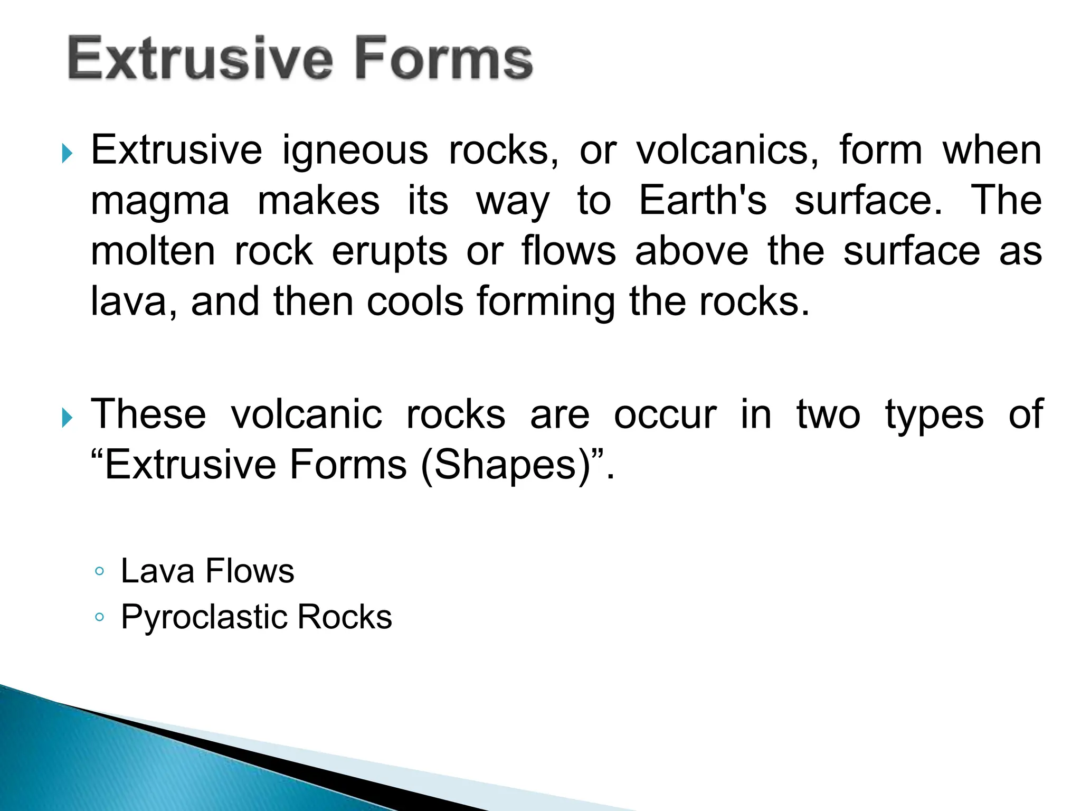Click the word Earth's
(x=703, y=201)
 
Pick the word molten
(x=153, y=251)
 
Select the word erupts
(x=390, y=252)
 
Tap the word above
(x=691, y=251)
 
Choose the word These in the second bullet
(x=148, y=415)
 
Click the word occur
(x=665, y=415)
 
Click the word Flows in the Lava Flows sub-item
(x=249, y=571)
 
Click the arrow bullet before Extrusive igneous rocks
(x=67, y=154)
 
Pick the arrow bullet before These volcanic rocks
(x=67, y=419)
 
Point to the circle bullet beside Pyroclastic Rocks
(x=99, y=617)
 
